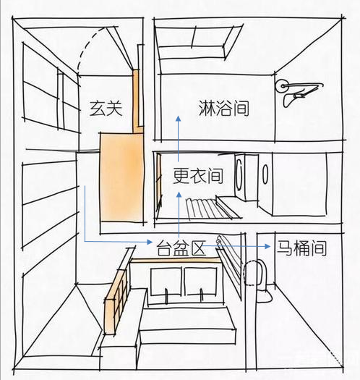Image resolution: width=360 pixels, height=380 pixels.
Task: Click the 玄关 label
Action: (106, 109)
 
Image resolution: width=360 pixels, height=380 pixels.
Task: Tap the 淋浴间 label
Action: (223, 108)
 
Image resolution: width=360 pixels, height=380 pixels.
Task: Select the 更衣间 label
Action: (198, 175)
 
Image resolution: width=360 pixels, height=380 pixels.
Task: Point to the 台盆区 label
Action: (181, 248)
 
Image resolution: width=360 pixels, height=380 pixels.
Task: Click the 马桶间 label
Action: (301, 248)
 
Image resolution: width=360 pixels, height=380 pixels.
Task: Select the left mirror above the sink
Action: (166, 281)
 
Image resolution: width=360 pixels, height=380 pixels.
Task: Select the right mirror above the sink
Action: (200, 281)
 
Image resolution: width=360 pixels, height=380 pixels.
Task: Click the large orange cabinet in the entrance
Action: (121, 177)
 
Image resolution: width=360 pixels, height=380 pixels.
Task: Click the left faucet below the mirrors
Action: (166, 295)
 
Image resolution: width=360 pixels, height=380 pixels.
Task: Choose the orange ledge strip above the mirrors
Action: (175, 261)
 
